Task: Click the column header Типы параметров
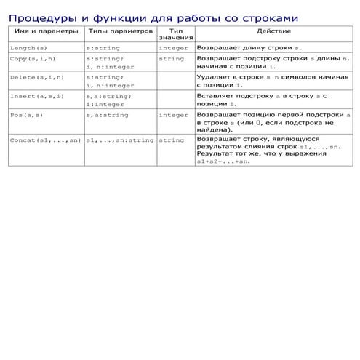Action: pyautogui.click(x=120, y=33)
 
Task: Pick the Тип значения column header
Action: pyautogui.click(x=175, y=35)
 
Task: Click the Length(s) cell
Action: pyautogui.click(x=28, y=47)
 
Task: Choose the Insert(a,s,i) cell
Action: pyautogui.click(x=37, y=96)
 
